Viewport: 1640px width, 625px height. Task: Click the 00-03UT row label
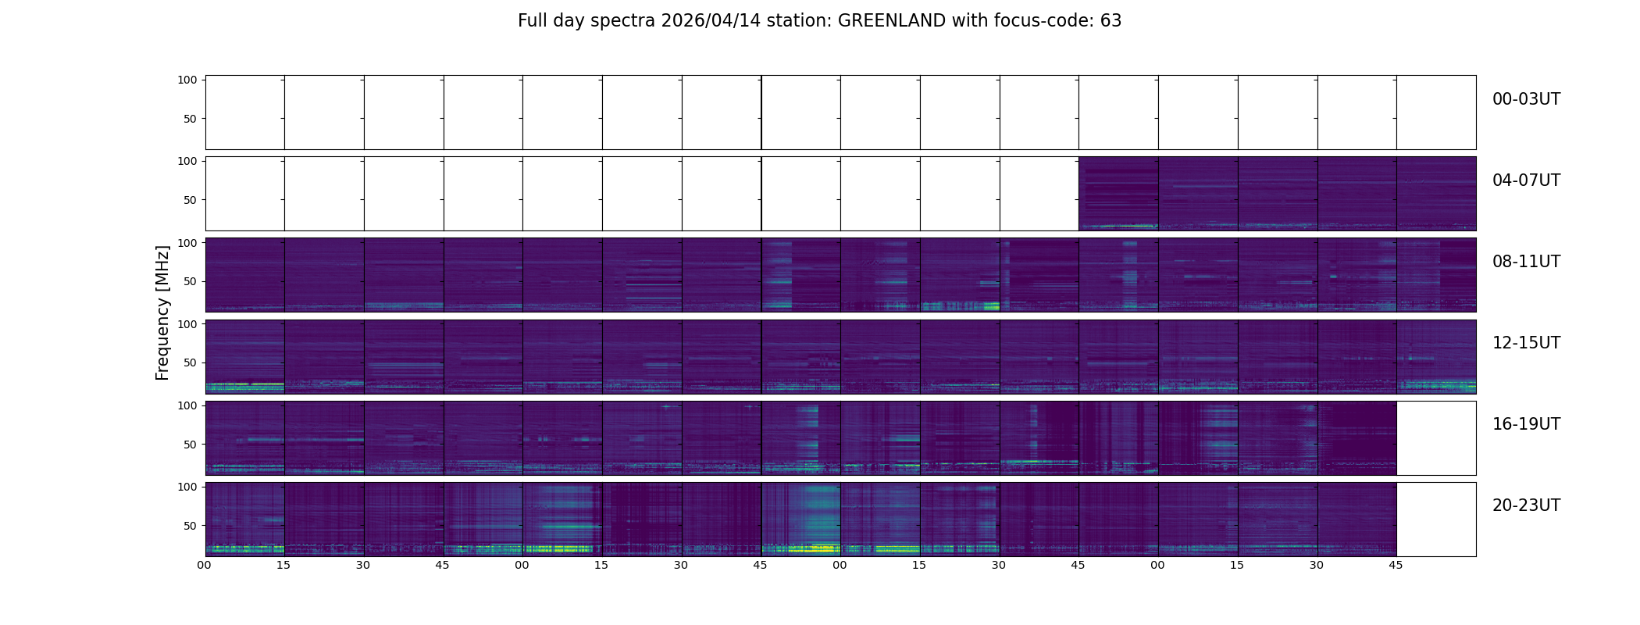[1526, 99]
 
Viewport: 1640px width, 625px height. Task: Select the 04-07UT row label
[1526, 180]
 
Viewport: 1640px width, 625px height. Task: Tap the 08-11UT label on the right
[1526, 262]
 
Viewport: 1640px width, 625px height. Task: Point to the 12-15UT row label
[1526, 343]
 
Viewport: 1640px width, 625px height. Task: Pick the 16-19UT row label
[1526, 424]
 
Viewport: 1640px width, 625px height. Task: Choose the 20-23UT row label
[1526, 505]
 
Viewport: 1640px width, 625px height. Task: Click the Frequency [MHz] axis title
[162, 312]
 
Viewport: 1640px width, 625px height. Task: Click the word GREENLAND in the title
[891, 21]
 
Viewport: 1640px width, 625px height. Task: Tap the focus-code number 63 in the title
[1111, 21]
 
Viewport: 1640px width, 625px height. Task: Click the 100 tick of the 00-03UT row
[187, 80]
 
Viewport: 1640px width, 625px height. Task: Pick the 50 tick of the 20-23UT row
[191, 526]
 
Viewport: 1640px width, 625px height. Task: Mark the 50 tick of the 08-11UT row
[191, 281]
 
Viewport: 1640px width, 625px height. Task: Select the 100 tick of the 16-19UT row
[187, 405]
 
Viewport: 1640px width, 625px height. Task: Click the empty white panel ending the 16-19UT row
[1435, 437]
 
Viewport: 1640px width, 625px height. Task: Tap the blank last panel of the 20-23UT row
[1435, 519]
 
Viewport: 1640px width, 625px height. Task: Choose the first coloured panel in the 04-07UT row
[1118, 194]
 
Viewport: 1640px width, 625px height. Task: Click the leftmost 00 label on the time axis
[204, 565]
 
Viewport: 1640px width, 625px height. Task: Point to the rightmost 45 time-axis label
[1396, 565]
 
